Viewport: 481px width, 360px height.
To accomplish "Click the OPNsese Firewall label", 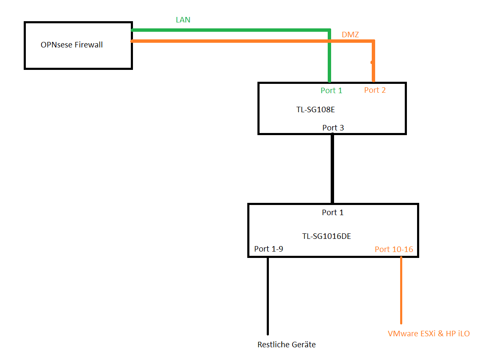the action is point(72,45).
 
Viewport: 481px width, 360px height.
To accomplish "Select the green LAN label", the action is point(183,20).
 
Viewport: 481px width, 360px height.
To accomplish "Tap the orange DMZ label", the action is point(350,35).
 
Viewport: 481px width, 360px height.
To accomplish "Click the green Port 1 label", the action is point(331,91).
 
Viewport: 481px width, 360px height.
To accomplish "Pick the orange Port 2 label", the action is point(375,90).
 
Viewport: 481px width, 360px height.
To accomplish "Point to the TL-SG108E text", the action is point(315,110).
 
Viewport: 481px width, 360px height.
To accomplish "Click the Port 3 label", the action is point(333,127).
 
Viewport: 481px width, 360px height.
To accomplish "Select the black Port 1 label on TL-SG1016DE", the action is point(332,212).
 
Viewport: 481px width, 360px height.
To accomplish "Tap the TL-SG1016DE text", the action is point(326,236).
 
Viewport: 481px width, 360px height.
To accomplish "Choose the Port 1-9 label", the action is point(268,249).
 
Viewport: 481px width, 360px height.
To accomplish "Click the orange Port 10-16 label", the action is point(394,249).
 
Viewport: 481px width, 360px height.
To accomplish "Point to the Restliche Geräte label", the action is point(287,345).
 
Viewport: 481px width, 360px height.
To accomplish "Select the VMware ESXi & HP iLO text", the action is point(428,334).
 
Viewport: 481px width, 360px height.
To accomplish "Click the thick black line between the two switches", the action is point(332,169).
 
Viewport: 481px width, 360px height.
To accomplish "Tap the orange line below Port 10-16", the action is point(401,291).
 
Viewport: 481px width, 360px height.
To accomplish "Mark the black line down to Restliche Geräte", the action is point(268,296).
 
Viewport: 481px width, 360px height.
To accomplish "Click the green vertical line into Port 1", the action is point(329,56).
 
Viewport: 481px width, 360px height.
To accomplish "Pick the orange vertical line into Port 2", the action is point(373,61).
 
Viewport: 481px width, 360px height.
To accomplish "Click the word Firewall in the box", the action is point(88,45).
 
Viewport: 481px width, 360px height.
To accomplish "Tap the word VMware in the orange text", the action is point(401,334).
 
